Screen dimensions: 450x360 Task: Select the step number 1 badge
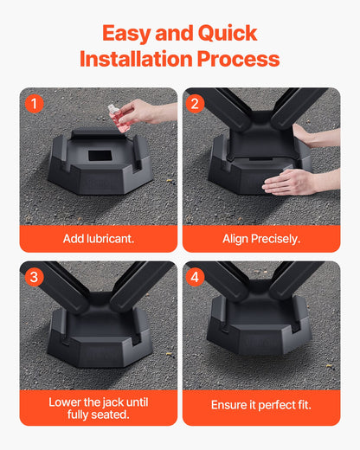point(34,104)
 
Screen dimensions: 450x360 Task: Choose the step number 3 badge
point(34,278)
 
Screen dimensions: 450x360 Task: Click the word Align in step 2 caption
point(237,238)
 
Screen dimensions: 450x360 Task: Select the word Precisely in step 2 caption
point(278,238)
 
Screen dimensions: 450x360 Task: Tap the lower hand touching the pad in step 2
point(294,182)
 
